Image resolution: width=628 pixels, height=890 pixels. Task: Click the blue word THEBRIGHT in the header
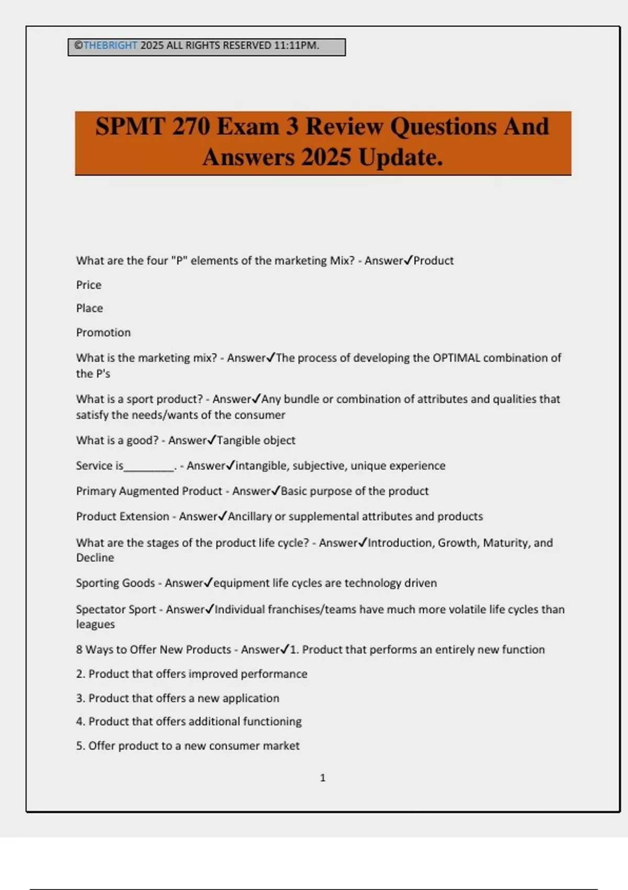click(x=110, y=46)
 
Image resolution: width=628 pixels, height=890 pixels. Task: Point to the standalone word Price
click(x=89, y=285)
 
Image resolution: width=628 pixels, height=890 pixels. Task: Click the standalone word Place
click(x=89, y=308)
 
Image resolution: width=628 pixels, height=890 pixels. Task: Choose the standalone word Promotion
click(x=104, y=332)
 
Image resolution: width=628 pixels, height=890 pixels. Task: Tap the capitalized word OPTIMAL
click(x=456, y=358)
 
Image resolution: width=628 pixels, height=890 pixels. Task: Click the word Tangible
click(x=238, y=440)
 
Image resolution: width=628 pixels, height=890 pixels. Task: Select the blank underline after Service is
click(x=149, y=466)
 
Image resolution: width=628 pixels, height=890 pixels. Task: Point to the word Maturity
click(x=506, y=543)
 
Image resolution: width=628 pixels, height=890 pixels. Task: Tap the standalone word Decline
click(x=95, y=558)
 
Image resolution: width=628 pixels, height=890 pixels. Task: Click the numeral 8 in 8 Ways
click(x=79, y=650)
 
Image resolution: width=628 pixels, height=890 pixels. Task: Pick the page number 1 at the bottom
click(x=323, y=778)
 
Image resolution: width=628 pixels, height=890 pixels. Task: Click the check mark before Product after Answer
click(x=408, y=260)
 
